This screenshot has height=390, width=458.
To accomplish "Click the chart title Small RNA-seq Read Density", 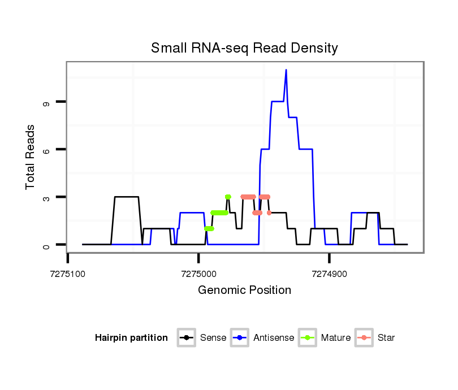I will click(x=244, y=48).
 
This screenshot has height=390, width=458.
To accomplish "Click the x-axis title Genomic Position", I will click(x=244, y=291).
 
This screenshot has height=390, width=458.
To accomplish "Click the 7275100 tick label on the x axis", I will click(x=68, y=274).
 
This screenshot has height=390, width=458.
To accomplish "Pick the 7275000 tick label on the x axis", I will click(x=198, y=274).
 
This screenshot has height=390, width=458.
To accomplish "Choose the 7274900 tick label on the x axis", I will click(x=329, y=274).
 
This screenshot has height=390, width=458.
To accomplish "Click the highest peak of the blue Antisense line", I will click(x=286, y=70).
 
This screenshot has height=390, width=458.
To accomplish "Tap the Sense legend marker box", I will click(x=186, y=338).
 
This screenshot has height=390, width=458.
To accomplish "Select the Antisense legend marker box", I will click(x=240, y=338).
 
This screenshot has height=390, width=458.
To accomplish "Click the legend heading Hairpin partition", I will click(x=131, y=338).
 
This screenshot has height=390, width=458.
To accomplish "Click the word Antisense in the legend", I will click(x=274, y=338).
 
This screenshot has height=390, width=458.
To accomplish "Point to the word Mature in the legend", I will click(x=335, y=338).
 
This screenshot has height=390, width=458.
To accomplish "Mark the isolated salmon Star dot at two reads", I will click(x=269, y=213).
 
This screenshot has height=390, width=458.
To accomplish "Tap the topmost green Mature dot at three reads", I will click(x=228, y=197).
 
